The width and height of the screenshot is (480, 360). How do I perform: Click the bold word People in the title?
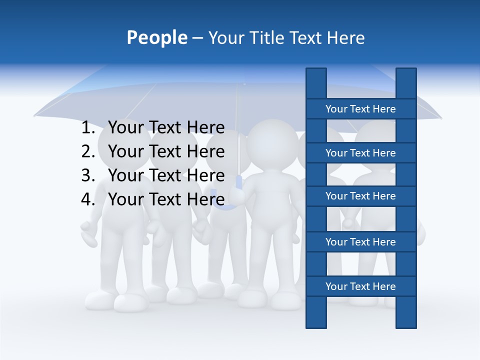click(156, 37)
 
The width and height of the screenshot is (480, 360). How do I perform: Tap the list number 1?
click(87, 128)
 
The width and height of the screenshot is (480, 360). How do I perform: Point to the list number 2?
click(87, 151)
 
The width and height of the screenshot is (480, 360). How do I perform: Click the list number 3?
click(87, 175)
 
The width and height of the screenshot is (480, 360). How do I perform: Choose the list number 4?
click(87, 199)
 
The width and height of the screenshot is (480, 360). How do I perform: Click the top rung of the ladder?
click(360, 109)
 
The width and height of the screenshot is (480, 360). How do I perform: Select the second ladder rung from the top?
click(360, 153)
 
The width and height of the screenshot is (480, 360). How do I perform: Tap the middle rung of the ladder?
click(360, 196)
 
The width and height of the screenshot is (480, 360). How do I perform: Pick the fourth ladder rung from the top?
click(360, 242)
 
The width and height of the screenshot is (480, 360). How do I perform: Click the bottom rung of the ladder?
click(360, 286)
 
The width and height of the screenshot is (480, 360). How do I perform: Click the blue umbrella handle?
click(238, 183)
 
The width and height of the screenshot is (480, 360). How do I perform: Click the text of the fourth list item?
click(166, 199)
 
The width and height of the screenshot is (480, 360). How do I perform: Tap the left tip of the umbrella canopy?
click(35, 116)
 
